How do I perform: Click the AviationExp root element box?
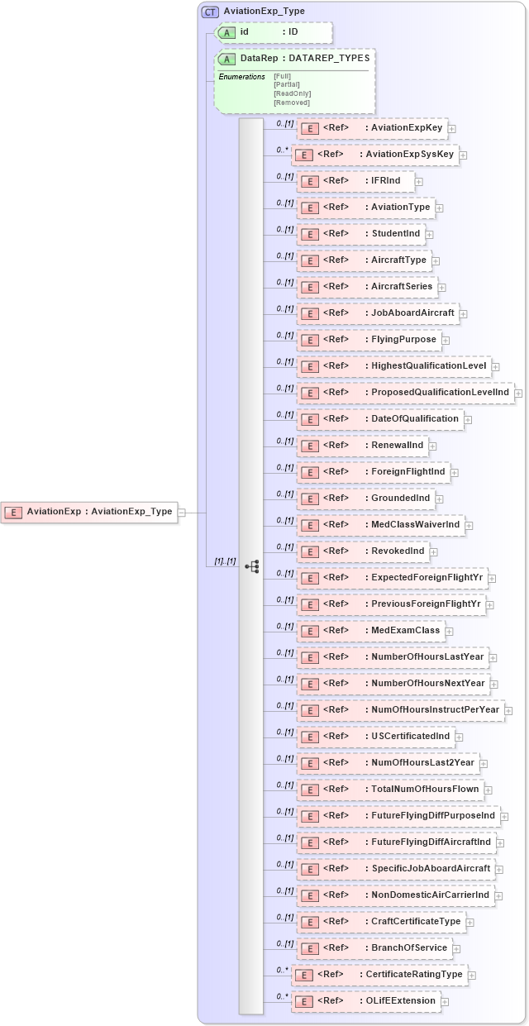pos(89,512)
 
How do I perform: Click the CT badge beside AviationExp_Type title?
pos(210,12)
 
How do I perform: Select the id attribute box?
pos(274,32)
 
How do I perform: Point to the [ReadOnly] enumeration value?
pos(292,93)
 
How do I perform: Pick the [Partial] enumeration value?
pos(286,84)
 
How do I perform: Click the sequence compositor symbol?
pos(252,566)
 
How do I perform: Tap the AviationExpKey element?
pos(372,128)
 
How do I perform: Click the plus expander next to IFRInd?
pos(419,182)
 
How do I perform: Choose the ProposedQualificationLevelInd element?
pos(405,393)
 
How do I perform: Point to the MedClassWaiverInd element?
pos(379,525)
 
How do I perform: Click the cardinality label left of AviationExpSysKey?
pos(282,150)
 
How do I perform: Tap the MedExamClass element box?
pos(369,631)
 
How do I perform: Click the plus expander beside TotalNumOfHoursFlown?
pos(488,790)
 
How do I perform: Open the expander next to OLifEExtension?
pos(445,1002)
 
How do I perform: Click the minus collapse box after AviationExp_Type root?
pos(182,513)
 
